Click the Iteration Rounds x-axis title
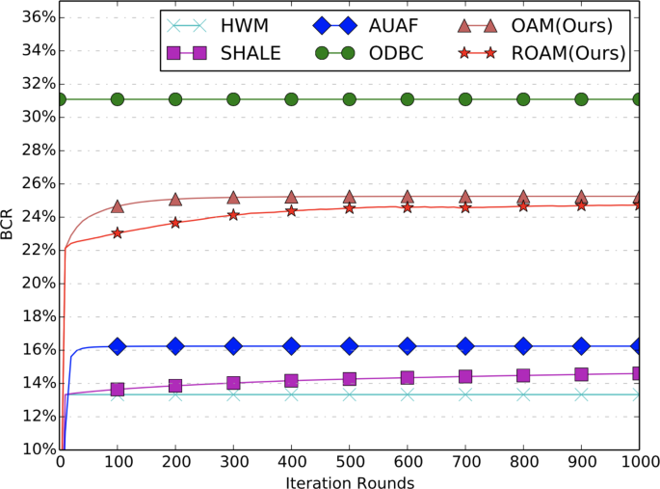point(350,480)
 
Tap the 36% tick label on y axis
point(32,16)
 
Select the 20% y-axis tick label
point(32,283)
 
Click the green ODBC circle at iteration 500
point(350,99)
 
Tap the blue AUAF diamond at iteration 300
point(233,345)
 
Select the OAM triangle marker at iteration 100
point(118,205)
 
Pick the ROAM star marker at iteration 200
point(175,222)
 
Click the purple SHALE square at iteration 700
point(465,376)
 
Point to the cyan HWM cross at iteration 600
point(408,394)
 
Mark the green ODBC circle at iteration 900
point(582,99)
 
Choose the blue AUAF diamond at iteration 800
point(523,345)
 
